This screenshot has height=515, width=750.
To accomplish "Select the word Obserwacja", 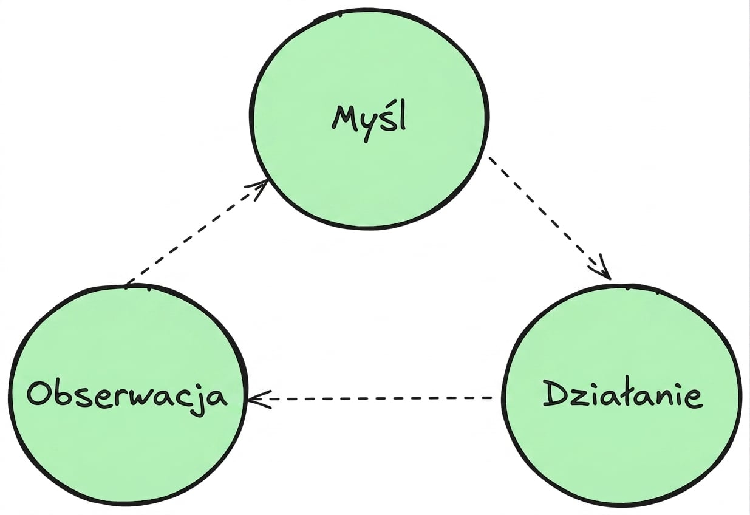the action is (x=127, y=397).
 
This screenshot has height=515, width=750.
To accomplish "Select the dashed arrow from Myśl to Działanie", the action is (x=550, y=218).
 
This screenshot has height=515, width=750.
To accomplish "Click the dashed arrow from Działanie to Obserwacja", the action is (x=370, y=398).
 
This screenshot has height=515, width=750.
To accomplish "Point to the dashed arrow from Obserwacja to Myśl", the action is (x=197, y=233).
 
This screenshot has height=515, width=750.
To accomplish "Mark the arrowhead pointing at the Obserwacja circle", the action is (x=259, y=398).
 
